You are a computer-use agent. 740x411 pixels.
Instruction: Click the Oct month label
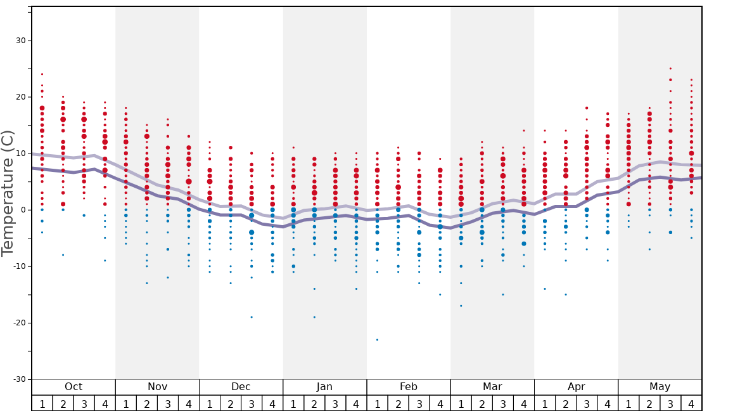[x=73, y=387]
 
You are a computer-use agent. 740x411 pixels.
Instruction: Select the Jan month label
[x=324, y=387]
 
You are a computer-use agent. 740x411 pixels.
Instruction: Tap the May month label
[x=660, y=387]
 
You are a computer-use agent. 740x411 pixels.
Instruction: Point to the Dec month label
[x=241, y=387]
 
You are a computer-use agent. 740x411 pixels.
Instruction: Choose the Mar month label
[x=492, y=387]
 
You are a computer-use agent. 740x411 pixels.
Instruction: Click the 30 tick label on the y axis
[x=19, y=41]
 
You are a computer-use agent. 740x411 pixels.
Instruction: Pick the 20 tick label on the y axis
[x=19, y=97]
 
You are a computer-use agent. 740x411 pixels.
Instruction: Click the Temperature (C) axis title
[x=8, y=193]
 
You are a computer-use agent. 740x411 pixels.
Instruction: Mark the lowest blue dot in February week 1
[x=377, y=340]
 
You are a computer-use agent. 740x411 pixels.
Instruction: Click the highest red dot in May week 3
[x=670, y=68]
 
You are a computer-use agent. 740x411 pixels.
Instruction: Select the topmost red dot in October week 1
[x=42, y=74]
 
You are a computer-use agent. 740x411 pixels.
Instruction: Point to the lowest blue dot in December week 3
[x=252, y=317]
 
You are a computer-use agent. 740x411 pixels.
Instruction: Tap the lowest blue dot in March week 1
[x=461, y=306]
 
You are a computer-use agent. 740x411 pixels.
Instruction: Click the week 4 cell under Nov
[x=189, y=403]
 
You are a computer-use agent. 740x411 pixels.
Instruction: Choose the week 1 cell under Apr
[x=545, y=403]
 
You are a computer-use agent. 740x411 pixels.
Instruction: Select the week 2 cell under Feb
[x=398, y=403]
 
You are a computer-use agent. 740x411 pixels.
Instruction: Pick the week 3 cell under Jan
[x=335, y=403]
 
